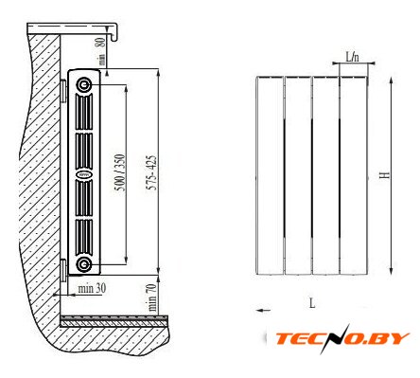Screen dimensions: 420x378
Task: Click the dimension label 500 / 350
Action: [x=120, y=172]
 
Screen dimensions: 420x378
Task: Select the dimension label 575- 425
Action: [x=152, y=172]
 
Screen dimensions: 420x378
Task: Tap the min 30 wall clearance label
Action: [x=92, y=288]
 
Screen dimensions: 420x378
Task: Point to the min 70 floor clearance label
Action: [x=152, y=297]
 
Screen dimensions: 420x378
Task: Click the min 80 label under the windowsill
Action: [x=101, y=51]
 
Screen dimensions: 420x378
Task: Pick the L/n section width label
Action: [x=353, y=57]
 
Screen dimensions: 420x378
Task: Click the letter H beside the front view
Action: [x=384, y=174]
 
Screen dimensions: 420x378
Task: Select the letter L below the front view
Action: [x=312, y=303]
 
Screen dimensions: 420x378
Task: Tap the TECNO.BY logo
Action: [x=342, y=338]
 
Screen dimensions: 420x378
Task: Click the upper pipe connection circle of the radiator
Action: [x=84, y=84]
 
